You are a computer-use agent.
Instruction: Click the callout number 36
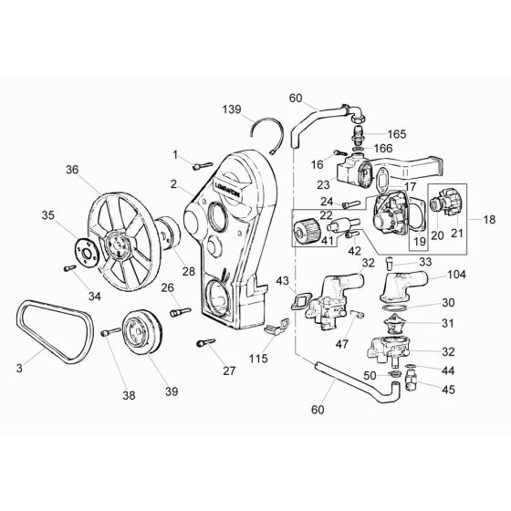(x=74, y=170)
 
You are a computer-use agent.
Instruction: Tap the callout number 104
(x=456, y=273)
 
